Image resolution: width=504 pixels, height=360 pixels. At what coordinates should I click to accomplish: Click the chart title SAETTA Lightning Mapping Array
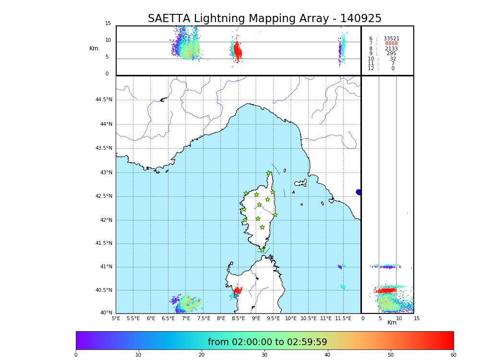coord(264,19)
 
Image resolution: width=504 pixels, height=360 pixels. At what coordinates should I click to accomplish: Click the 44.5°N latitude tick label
coord(104,100)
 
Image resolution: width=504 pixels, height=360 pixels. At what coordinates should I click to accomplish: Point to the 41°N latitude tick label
coord(105,267)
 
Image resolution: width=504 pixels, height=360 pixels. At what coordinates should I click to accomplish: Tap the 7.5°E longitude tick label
coord(204,319)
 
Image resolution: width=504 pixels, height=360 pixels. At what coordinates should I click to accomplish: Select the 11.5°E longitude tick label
coord(343,319)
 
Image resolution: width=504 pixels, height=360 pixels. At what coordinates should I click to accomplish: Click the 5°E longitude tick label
coord(116,319)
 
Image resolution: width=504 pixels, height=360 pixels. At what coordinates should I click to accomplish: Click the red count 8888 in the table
coord(391,44)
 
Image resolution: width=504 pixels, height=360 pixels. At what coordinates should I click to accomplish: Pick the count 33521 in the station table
coord(391,39)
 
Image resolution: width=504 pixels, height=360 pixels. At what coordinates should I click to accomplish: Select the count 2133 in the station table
coord(391,49)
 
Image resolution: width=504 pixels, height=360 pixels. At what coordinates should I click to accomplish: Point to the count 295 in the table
coord(391,54)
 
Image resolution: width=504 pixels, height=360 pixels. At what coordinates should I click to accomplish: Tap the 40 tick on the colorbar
coord(327,355)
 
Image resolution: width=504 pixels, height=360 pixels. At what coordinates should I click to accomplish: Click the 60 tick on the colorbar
coord(453,355)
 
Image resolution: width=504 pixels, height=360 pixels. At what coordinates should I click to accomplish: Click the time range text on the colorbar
coord(267,342)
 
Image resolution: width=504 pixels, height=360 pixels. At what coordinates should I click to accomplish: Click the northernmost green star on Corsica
coord(269,173)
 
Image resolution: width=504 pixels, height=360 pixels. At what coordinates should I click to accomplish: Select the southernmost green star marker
coord(263,250)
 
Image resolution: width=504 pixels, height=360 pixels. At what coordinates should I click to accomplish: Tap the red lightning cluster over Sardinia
coord(237,290)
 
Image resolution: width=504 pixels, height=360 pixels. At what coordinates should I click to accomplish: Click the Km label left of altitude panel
coord(94,48)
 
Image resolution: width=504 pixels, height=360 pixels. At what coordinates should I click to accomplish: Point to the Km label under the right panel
coord(392,323)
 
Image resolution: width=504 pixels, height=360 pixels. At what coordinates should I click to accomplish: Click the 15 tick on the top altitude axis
coord(108,24)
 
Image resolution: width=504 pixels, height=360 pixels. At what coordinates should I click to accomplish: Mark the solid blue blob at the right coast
coord(359,192)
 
